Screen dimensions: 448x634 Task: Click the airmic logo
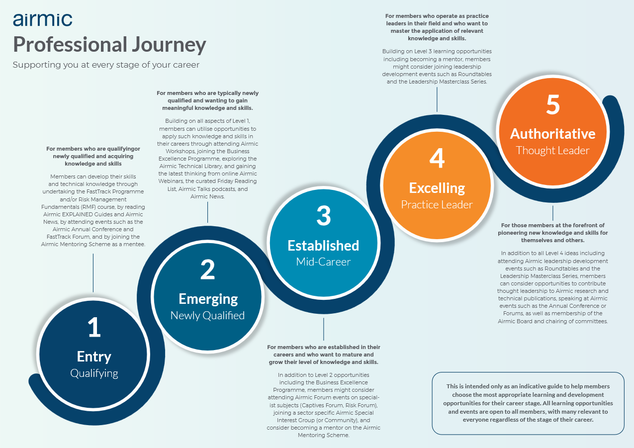42,19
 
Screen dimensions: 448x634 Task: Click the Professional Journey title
109,44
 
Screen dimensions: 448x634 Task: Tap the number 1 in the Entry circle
94,328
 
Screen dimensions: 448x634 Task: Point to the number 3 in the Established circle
323,216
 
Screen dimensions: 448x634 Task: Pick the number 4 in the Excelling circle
437,159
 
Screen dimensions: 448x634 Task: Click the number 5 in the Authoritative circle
552,105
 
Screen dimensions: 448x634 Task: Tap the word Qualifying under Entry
94,373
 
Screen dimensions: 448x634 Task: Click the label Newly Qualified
207,315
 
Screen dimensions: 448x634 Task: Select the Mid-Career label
323,262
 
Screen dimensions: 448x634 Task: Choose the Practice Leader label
437,204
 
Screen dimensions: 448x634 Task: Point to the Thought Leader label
552,150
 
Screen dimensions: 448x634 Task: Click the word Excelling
437,188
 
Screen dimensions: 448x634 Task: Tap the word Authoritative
552,134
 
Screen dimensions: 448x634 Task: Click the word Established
323,246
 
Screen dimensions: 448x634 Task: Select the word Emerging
208,299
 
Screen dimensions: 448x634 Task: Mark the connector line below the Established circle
324,329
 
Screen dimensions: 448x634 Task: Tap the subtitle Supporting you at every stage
105,65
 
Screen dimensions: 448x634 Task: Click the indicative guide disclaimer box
528,403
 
